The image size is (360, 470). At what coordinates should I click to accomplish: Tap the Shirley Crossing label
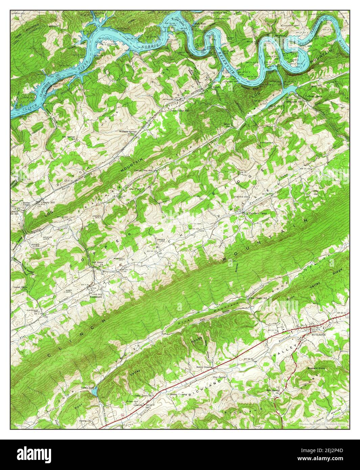tap(178, 394)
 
